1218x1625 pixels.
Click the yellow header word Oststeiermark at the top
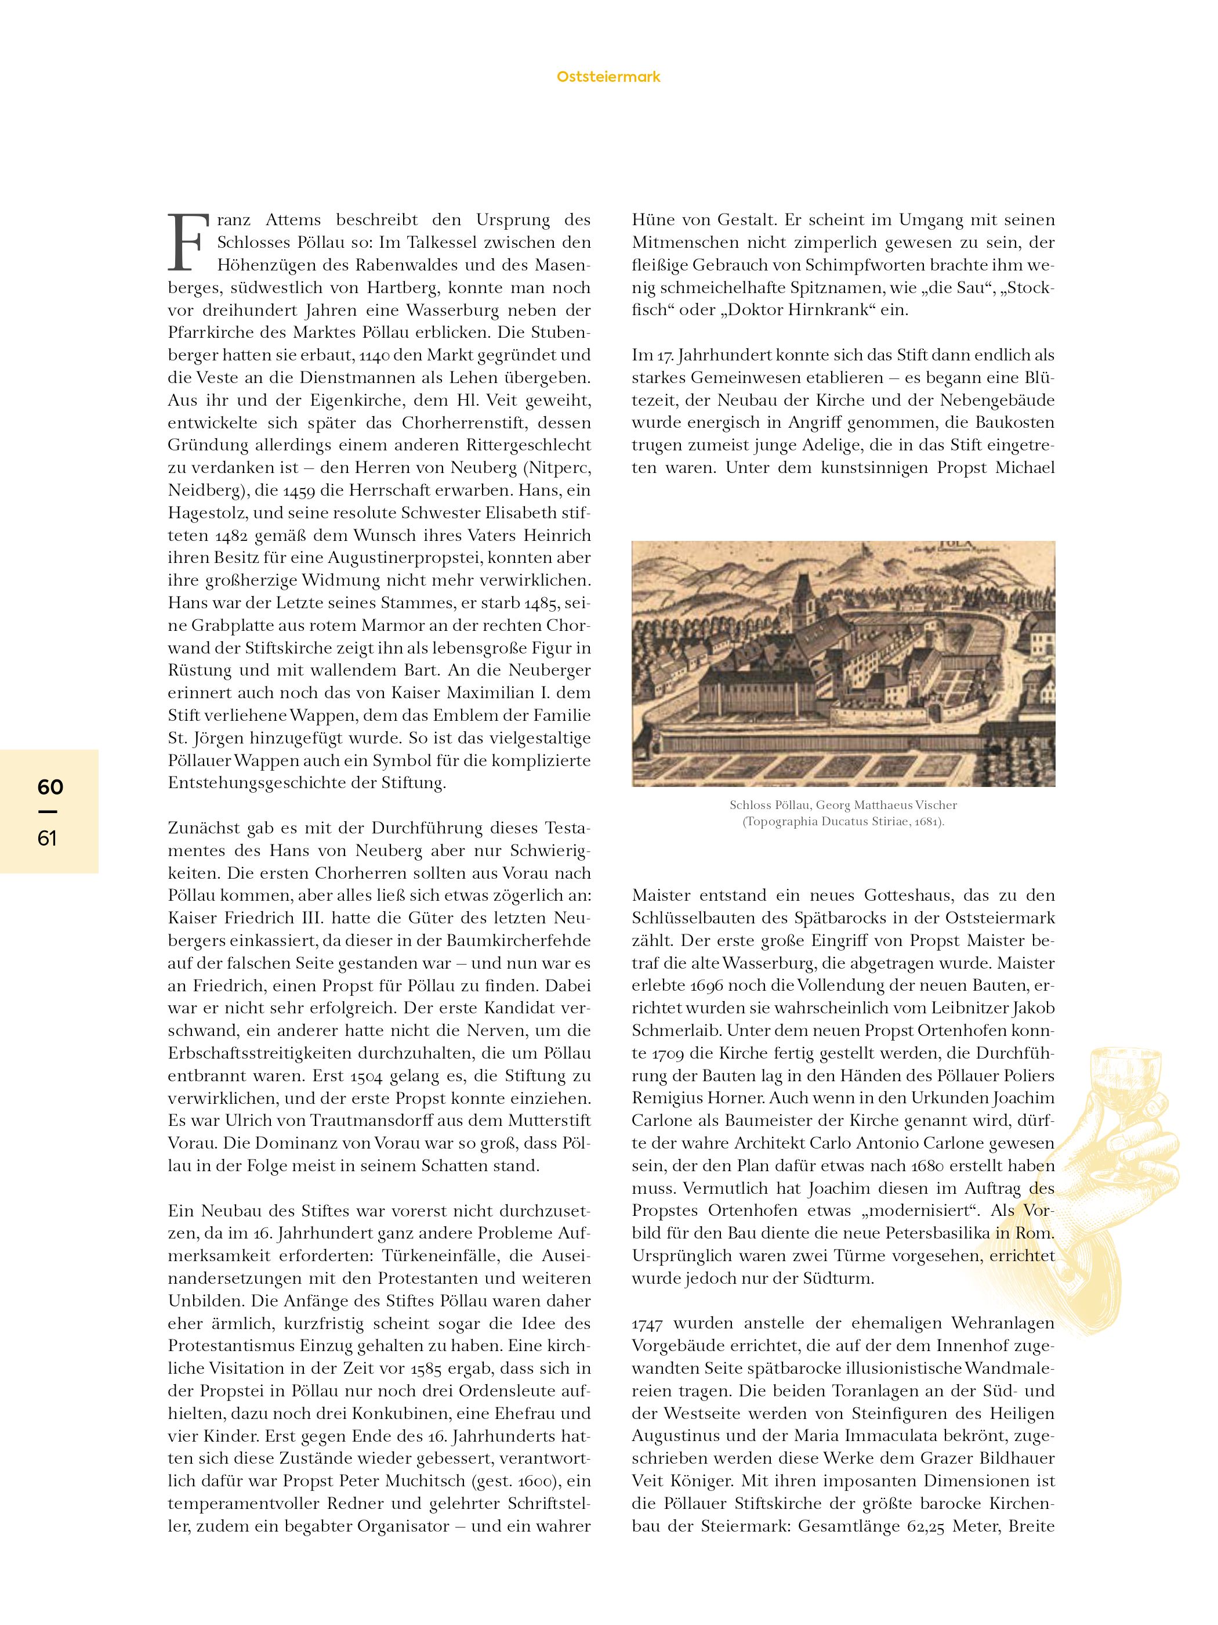pyautogui.click(x=608, y=77)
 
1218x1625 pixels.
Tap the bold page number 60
pyautogui.click(x=50, y=787)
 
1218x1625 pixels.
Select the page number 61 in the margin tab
pyautogui.click(x=47, y=838)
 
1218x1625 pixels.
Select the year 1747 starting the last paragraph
pyautogui.click(x=647, y=1324)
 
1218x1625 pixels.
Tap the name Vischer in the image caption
pyautogui.click(x=933, y=805)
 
